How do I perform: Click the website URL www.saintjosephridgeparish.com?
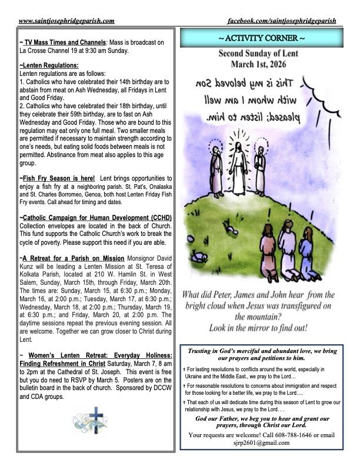(66, 21)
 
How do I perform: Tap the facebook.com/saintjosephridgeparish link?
(281, 21)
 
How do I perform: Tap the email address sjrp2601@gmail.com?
(261, 443)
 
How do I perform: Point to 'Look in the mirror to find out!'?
(261, 327)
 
